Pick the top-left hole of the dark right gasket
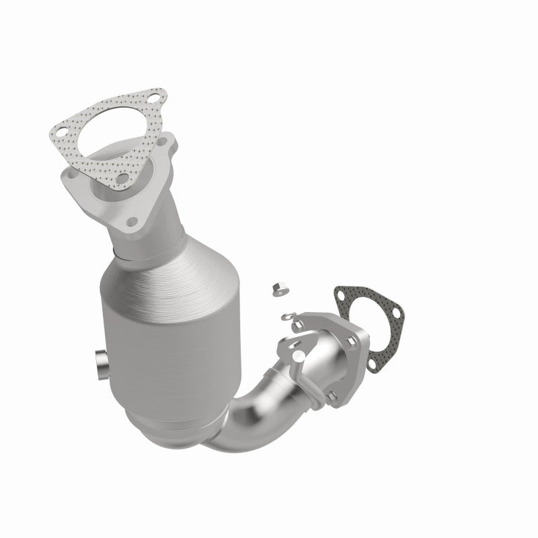coord(343,293)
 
